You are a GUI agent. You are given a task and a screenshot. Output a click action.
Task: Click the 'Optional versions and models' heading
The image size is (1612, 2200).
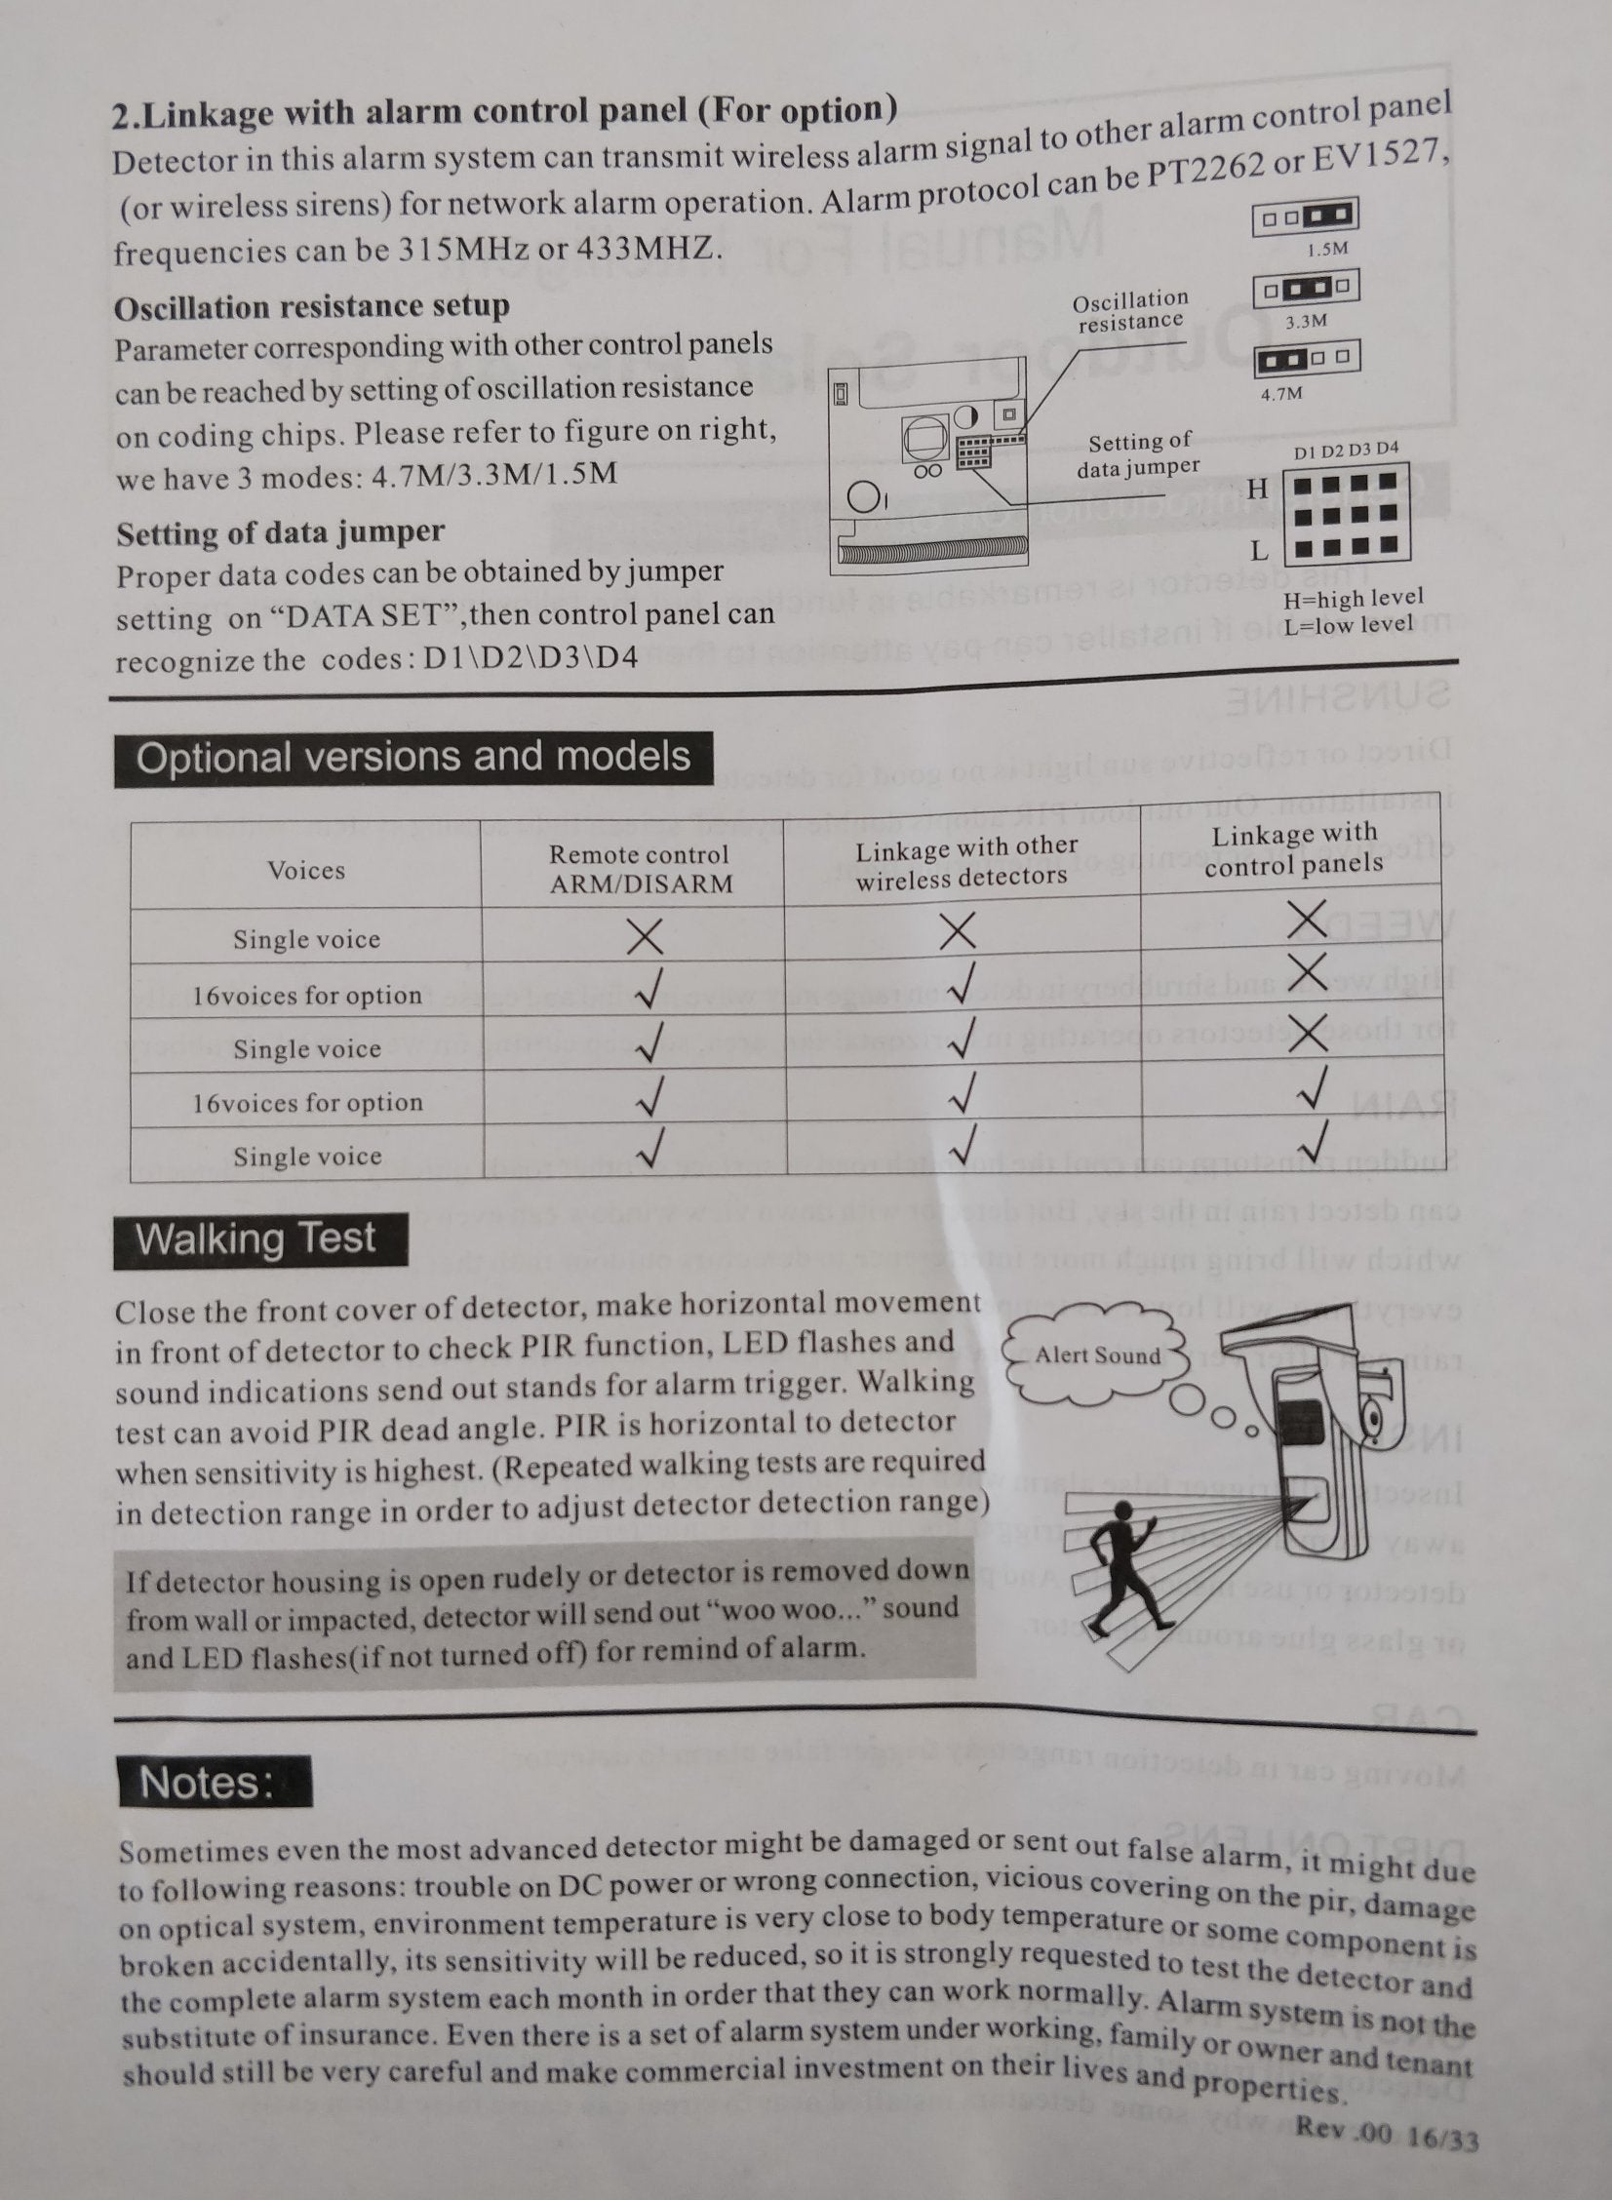(x=413, y=758)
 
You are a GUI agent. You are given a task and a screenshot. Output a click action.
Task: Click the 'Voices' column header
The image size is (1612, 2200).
(x=306, y=870)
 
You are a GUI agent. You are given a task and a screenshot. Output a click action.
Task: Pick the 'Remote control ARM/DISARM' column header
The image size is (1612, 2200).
(x=639, y=868)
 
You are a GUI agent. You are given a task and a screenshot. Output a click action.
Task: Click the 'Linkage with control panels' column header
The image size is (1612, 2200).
(x=1294, y=848)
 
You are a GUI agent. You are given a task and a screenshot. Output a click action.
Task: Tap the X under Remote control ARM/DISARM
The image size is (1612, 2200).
(x=645, y=938)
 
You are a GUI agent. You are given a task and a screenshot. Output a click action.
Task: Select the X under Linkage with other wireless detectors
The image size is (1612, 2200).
(x=958, y=932)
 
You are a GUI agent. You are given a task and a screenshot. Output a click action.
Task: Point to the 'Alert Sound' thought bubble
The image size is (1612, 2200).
(x=1098, y=1355)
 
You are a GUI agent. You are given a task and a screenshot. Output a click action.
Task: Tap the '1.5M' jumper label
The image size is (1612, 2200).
(x=1327, y=250)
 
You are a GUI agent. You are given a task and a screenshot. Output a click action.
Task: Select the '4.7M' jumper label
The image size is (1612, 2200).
(x=1280, y=393)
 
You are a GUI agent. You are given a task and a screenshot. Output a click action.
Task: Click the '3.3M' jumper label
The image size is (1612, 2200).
(x=1306, y=321)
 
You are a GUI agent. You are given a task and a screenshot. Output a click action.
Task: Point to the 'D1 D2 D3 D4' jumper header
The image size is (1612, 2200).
(x=1346, y=451)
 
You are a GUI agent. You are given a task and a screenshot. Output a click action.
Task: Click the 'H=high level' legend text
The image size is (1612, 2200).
(x=1354, y=598)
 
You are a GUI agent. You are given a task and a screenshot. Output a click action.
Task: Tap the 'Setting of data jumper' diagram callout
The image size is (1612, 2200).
(x=1139, y=455)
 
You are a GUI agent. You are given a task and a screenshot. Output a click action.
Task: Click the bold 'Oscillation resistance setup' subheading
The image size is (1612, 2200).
(x=312, y=307)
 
